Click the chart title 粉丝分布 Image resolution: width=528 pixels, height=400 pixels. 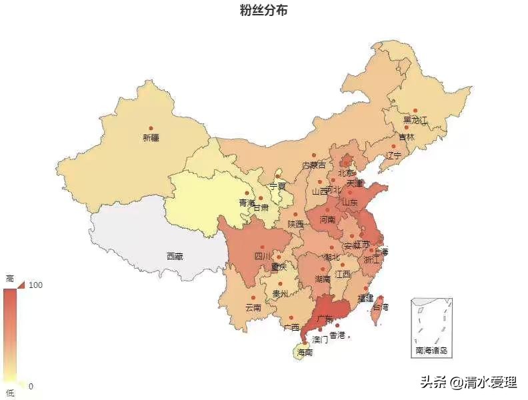click(x=264, y=11)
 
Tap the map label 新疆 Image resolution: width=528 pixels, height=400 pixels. click(x=151, y=138)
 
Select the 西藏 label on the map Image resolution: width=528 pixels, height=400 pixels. click(x=175, y=256)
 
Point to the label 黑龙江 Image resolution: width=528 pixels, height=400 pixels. click(x=415, y=121)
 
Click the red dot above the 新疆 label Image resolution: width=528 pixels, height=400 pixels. click(x=151, y=128)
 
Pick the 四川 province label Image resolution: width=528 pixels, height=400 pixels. click(x=263, y=256)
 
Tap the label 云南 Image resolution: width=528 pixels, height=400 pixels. click(x=253, y=307)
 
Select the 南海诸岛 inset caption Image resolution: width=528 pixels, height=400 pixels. click(x=431, y=350)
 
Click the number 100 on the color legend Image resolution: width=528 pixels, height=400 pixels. click(x=36, y=285)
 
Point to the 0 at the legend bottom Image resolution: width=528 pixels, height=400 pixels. click(x=31, y=386)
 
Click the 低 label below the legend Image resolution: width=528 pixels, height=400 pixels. click(x=9, y=393)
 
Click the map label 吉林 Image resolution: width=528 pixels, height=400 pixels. click(x=407, y=137)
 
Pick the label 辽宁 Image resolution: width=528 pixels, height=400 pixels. click(x=394, y=155)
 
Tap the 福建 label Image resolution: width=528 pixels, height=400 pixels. click(x=365, y=298)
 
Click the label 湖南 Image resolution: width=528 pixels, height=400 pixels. click(x=323, y=279)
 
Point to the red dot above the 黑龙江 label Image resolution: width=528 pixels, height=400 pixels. click(x=415, y=111)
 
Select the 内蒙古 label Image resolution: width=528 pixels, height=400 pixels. click(x=314, y=165)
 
